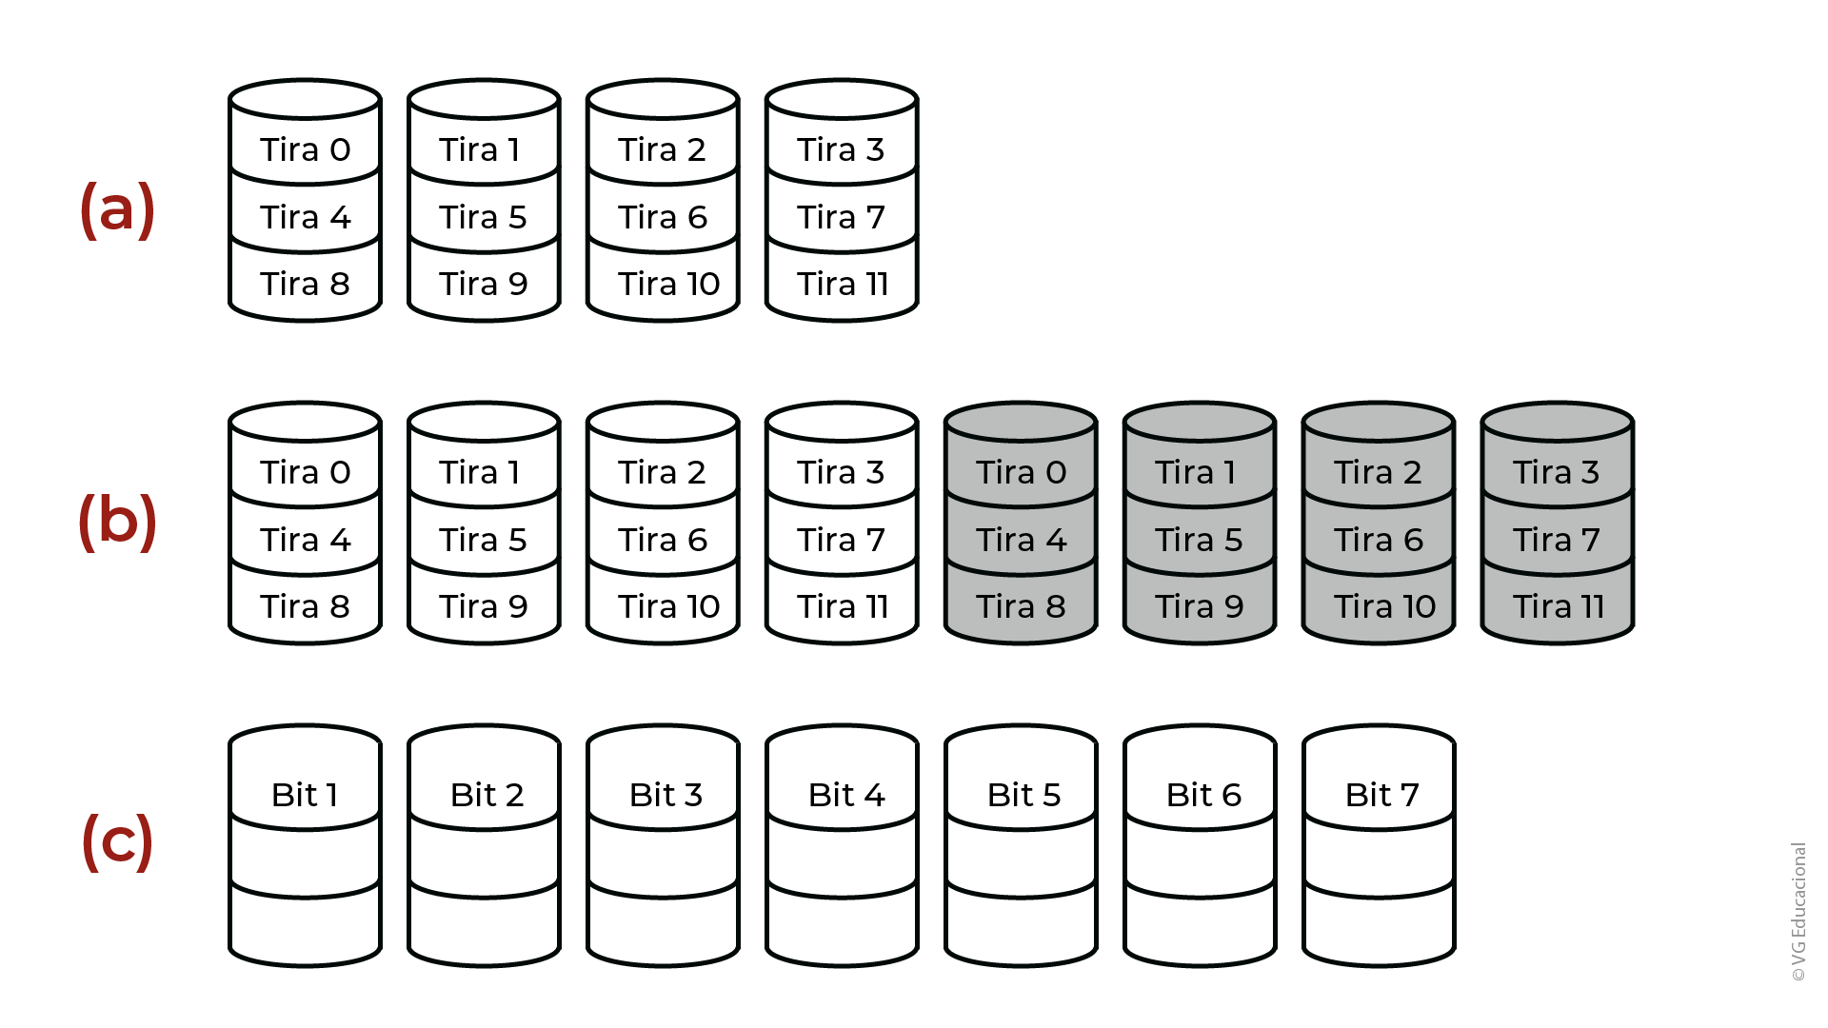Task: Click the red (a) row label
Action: click(117, 209)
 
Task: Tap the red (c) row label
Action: click(117, 841)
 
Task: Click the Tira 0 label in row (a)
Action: click(306, 149)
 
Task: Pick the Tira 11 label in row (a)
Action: click(843, 284)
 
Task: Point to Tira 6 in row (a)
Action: click(663, 217)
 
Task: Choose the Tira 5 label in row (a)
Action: click(483, 217)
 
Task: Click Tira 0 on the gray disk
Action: click(1022, 472)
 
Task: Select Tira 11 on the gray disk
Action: click(1559, 606)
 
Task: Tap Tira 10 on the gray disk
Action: click(1384, 606)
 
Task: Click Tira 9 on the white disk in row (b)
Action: click(484, 606)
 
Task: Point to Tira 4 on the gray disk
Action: click(1022, 540)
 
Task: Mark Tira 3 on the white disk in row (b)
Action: click(841, 472)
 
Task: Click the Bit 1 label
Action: click(305, 795)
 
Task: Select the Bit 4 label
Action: click(846, 795)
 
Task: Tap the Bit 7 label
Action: click(1382, 795)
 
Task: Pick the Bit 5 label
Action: click(1023, 795)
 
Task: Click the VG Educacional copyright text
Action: click(1798, 912)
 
